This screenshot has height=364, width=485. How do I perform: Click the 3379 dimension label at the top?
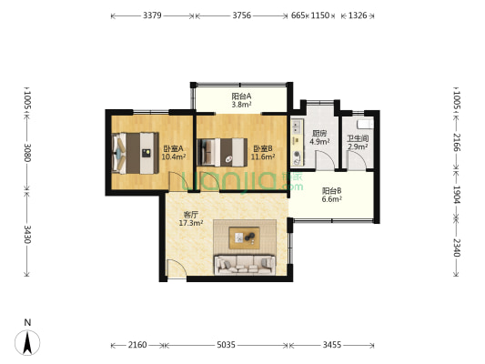[x=152, y=15]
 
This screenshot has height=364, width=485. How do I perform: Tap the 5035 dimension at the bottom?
[x=226, y=345]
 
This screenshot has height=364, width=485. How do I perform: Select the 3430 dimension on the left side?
[x=27, y=235]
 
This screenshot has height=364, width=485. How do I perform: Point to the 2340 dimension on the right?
[x=457, y=248]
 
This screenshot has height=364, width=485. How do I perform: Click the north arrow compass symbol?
[x=27, y=342]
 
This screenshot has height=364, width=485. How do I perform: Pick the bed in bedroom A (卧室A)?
[x=136, y=153]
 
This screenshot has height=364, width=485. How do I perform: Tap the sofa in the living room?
[x=245, y=265]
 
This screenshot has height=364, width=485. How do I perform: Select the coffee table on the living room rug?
[x=244, y=238]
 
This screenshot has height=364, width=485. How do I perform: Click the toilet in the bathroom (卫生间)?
[x=365, y=125]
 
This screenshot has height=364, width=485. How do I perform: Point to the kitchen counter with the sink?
[x=298, y=142]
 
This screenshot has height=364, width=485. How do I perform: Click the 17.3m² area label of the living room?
[x=191, y=223]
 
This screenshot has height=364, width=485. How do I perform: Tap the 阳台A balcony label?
[x=241, y=96]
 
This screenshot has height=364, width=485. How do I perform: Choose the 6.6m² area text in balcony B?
[x=331, y=199]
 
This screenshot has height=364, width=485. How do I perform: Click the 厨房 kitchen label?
[x=319, y=134]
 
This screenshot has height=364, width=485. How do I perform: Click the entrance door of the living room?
[x=177, y=268]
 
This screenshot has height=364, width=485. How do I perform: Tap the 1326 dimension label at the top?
[x=358, y=15]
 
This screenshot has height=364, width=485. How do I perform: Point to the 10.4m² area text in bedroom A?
[x=174, y=157]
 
